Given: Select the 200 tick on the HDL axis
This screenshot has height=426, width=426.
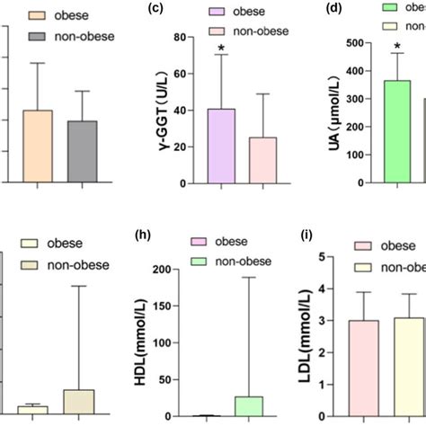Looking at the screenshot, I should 181,271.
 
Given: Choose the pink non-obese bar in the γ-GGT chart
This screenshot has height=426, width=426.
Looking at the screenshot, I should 263,160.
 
